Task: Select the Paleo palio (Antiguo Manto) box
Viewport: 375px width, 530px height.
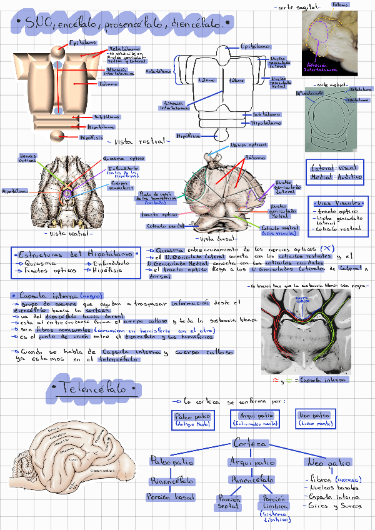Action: pyautogui.click(x=192, y=419)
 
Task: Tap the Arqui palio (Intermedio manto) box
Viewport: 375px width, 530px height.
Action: pyautogui.click(x=256, y=419)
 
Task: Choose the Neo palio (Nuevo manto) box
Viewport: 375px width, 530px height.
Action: pyautogui.click(x=314, y=417)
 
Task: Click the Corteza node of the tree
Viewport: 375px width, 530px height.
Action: pyautogui.click(x=250, y=444)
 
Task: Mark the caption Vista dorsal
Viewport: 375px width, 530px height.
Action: pyautogui.click(x=215, y=238)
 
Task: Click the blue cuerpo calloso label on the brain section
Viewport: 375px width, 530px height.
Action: pyautogui.click(x=302, y=299)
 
